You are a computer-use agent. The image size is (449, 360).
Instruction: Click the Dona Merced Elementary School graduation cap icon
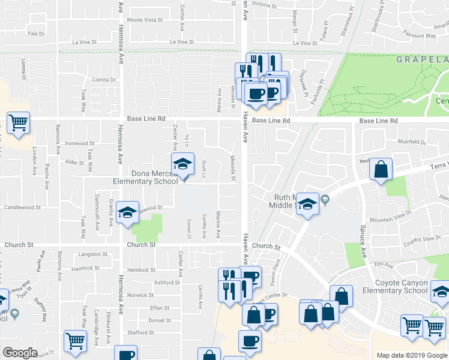click(183, 163)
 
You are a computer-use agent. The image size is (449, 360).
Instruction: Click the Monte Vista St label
click(145, 20)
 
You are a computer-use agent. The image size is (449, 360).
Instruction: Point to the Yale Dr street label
click(36, 34)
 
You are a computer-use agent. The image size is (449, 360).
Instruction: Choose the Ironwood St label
click(80, 143)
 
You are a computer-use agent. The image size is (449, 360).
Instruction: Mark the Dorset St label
click(160, 320)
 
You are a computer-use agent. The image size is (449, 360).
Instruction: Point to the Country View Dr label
click(423, 239)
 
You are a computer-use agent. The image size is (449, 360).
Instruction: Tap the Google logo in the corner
click(20, 353)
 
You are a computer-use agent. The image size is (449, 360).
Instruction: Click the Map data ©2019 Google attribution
click(412, 355)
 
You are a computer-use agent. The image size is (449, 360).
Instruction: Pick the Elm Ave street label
click(383, 265)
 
